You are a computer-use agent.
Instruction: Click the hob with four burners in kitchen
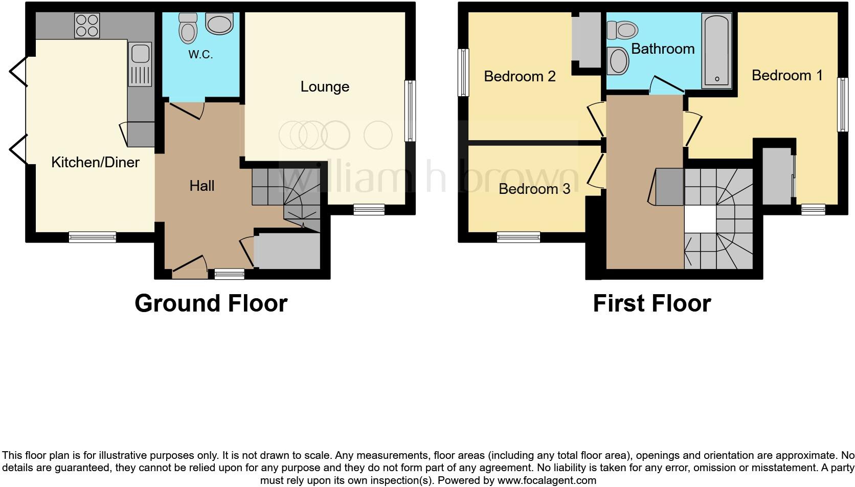point(87,25)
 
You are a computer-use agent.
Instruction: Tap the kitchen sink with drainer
point(140,64)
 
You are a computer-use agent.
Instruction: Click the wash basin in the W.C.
point(219,24)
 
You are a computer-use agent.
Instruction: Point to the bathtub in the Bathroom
point(717,50)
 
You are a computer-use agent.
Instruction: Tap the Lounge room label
point(325,87)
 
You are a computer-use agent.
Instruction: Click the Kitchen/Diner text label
point(95,163)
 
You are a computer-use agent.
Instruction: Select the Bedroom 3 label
point(534,189)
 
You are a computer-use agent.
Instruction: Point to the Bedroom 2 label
point(520,77)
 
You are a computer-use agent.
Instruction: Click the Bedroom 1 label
point(786,76)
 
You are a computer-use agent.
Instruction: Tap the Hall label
point(201,186)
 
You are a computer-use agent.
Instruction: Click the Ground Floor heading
point(211,303)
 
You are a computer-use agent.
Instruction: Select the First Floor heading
point(651,303)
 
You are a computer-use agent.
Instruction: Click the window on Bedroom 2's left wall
point(463,72)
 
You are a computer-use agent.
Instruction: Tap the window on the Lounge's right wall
point(410,110)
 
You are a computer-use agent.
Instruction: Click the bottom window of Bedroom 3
point(518,237)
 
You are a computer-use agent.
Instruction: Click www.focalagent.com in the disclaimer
point(546,480)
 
